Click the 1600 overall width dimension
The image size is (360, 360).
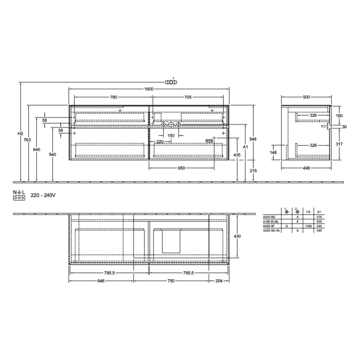pyautogui.click(x=149, y=89)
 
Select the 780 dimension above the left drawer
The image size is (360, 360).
pyautogui.click(x=113, y=97)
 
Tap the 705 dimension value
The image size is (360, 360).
pyautogui.click(x=188, y=97)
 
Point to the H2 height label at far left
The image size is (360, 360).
pyautogui.click(x=20, y=134)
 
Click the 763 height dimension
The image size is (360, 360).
pyautogui.click(x=28, y=140)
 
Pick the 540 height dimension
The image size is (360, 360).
pyautogui.click(x=52, y=154)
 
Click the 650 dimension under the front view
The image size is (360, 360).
pyautogui.click(x=182, y=168)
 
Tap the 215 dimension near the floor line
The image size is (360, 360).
pyautogui.click(x=253, y=170)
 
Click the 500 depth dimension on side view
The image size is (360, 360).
pyautogui.click(x=307, y=97)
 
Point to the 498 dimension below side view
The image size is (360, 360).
pyautogui.click(x=307, y=168)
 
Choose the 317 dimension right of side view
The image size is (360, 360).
pyautogui.click(x=339, y=144)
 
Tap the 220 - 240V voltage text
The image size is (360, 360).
pyautogui.click(x=42, y=196)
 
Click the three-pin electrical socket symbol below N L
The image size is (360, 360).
pyautogui.click(x=19, y=197)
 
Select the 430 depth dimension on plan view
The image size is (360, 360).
pyautogui.click(x=237, y=236)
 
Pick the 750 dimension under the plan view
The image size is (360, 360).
pyautogui.click(x=171, y=281)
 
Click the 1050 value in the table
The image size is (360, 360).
pyautogui.click(x=308, y=226)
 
